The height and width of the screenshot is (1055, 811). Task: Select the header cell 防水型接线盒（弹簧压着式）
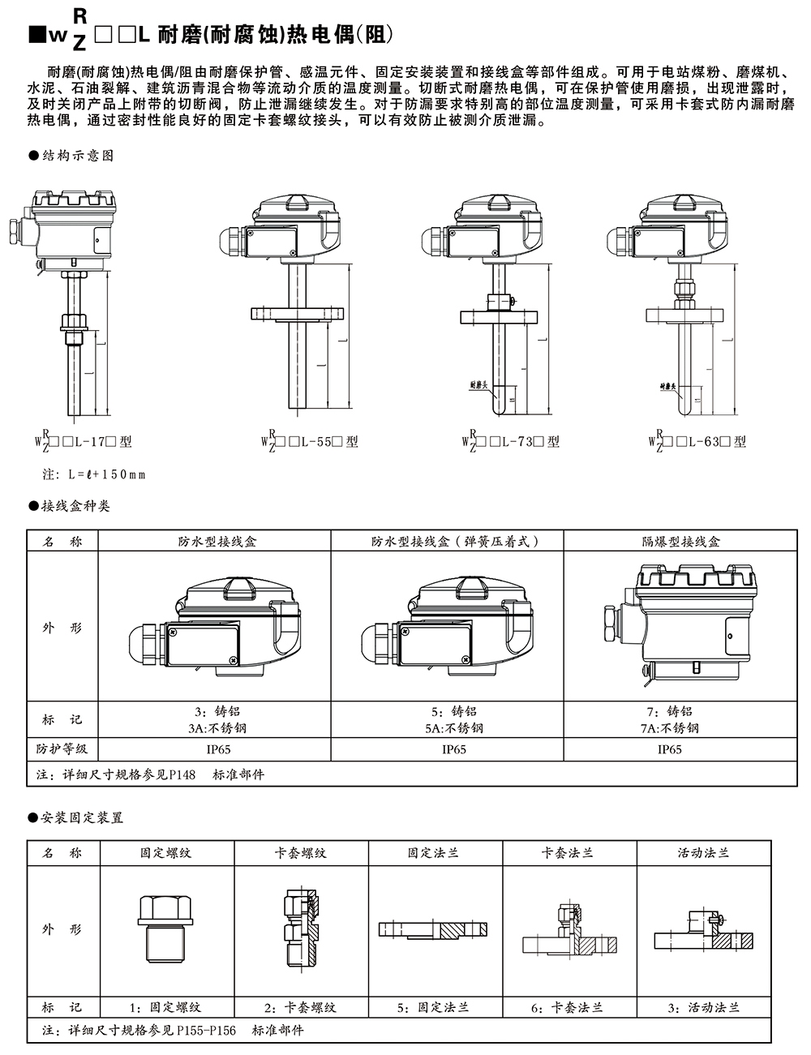point(454,542)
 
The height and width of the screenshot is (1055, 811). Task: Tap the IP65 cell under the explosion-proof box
point(669,750)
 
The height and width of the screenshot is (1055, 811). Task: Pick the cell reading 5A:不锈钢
point(454,728)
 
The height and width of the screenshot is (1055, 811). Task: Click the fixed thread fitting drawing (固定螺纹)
point(166,928)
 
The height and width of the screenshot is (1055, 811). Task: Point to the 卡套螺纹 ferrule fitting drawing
point(301,928)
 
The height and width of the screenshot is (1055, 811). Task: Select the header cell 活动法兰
point(703,853)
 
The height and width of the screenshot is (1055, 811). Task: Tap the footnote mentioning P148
point(150,774)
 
